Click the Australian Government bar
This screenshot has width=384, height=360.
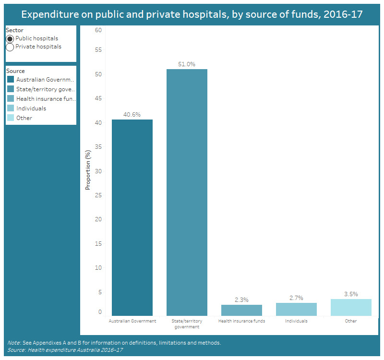[x=132, y=217]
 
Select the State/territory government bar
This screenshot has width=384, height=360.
[x=187, y=192]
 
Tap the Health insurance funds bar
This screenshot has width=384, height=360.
[x=241, y=310]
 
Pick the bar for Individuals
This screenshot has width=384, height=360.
[x=296, y=309]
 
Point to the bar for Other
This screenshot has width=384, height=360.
[x=351, y=307]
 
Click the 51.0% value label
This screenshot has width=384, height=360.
[x=187, y=64]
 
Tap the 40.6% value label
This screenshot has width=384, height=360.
[x=132, y=115]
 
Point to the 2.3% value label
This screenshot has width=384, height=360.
[x=241, y=300]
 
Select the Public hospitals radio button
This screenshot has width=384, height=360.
[x=10, y=39]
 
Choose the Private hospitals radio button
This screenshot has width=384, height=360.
[x=10, y=47]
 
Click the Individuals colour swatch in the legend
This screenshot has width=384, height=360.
[x=11, y=108]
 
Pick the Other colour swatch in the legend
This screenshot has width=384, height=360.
[x=11, y=118]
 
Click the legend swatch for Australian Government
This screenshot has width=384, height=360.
[x=11, y=80]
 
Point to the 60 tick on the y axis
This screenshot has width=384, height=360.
[x=98, y=30]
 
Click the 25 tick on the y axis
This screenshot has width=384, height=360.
[x=98, y=195]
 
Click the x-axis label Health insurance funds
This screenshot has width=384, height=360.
[x=241, y=321]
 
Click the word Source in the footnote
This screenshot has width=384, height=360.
[x=16, y=350]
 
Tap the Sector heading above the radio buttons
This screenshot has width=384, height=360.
[x=14, y=30]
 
